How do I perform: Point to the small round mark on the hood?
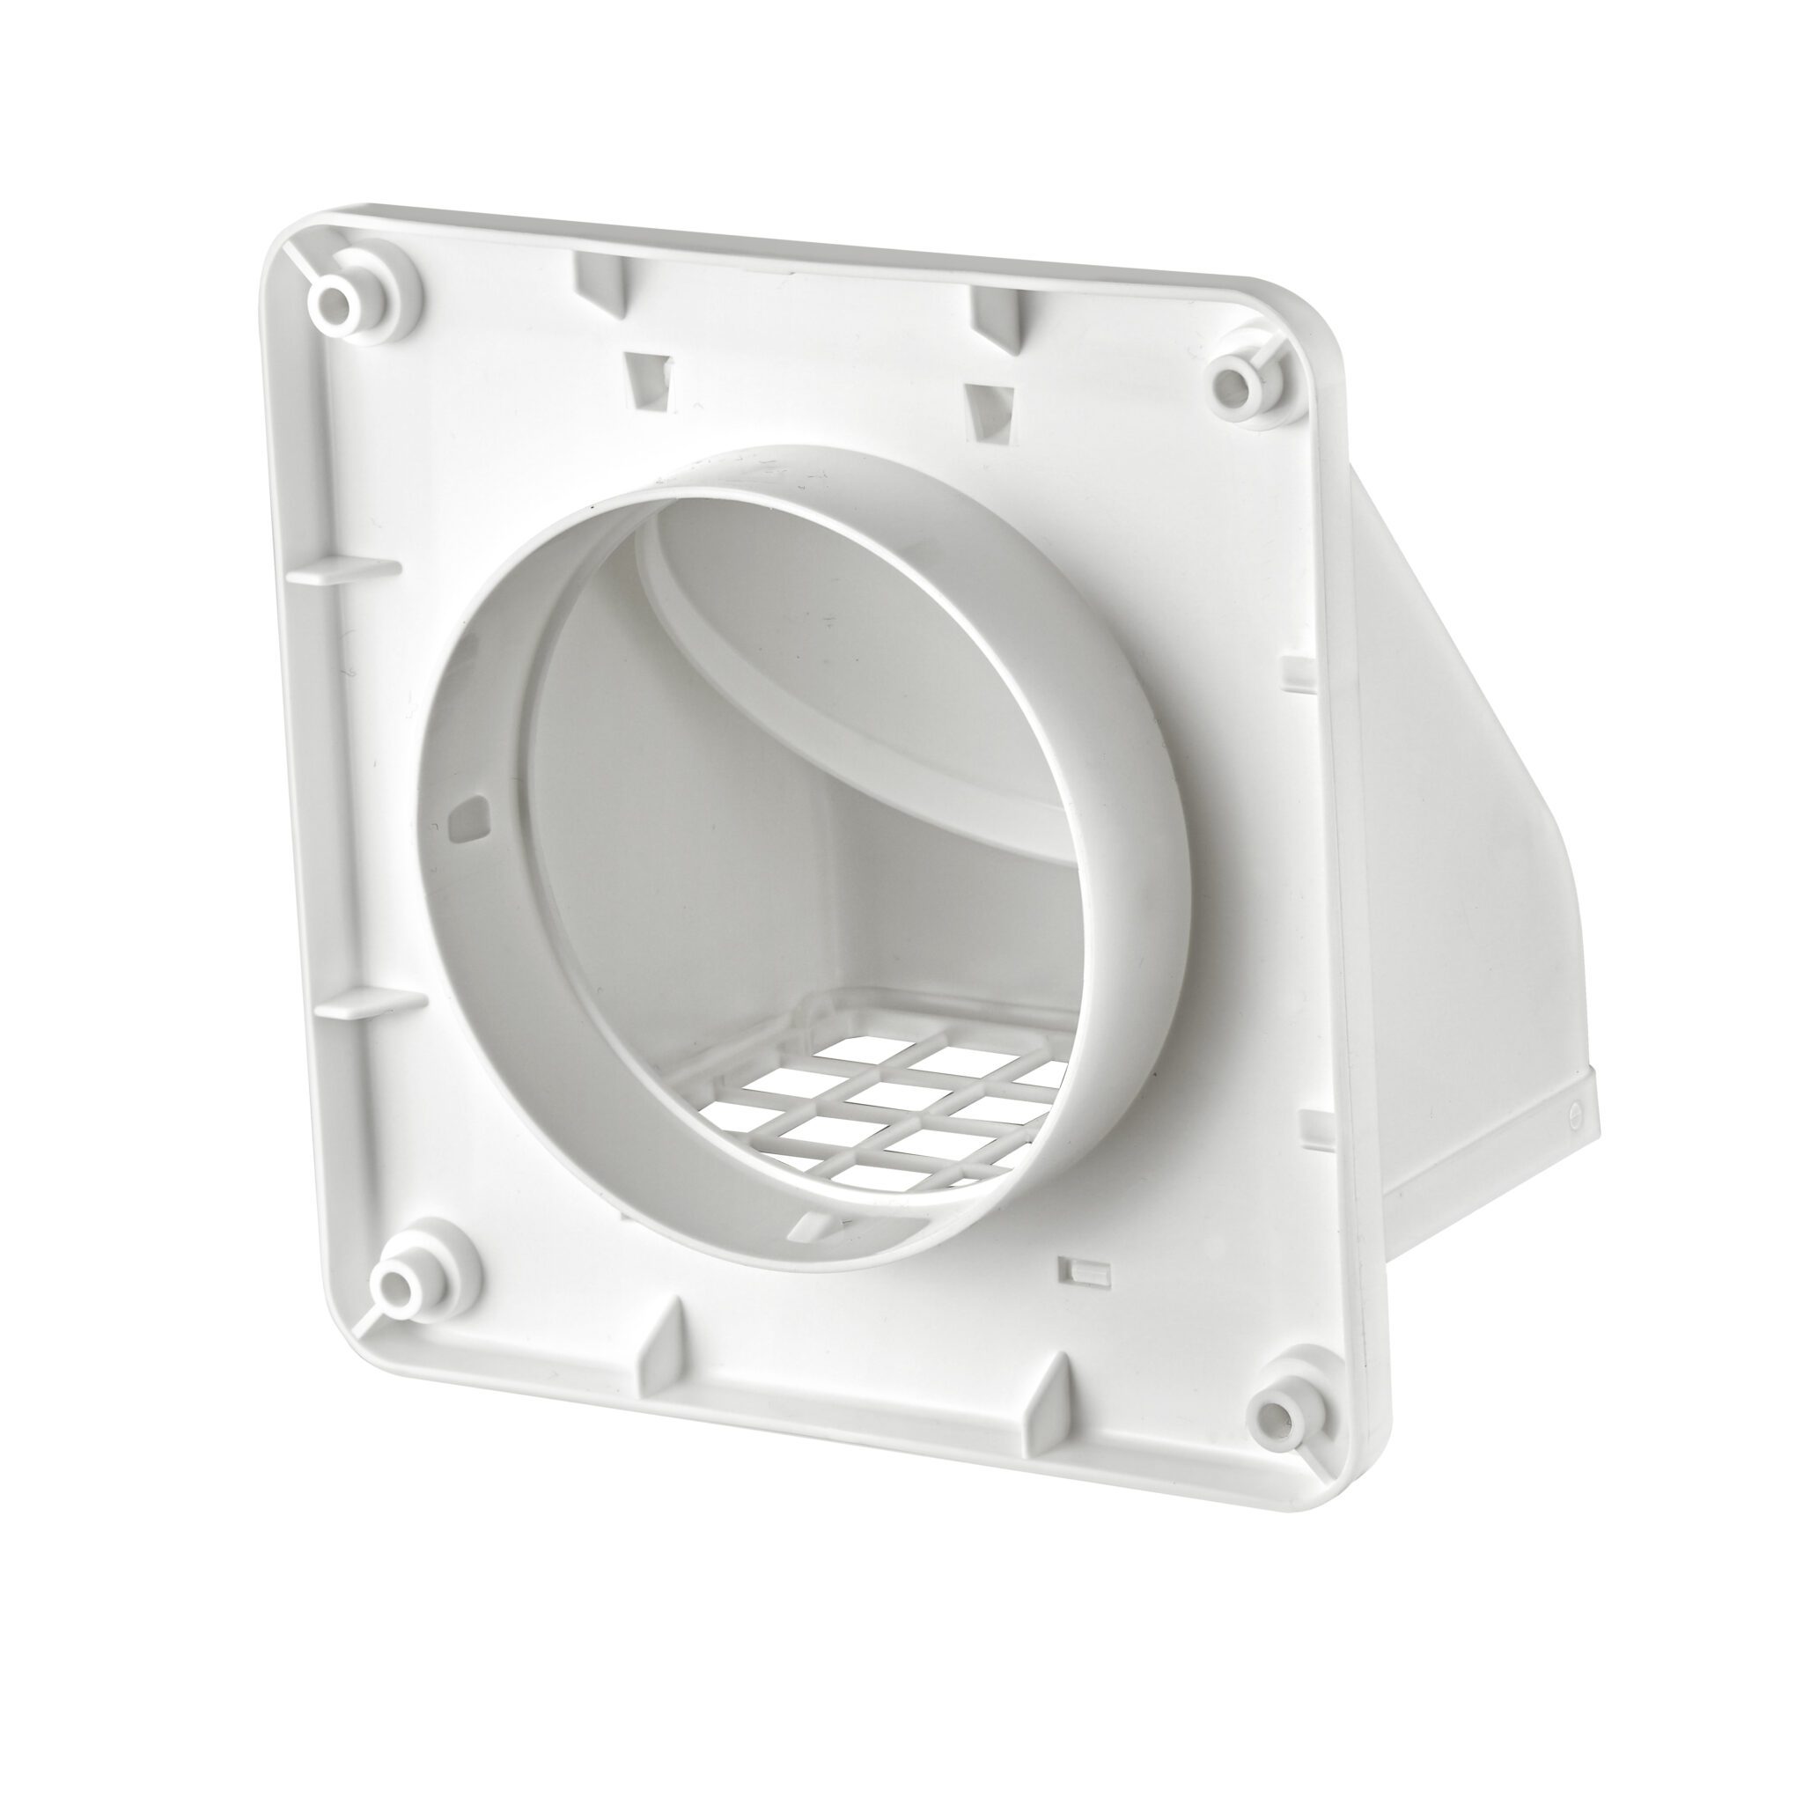pyautogui.click(x=1574, y=1110)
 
